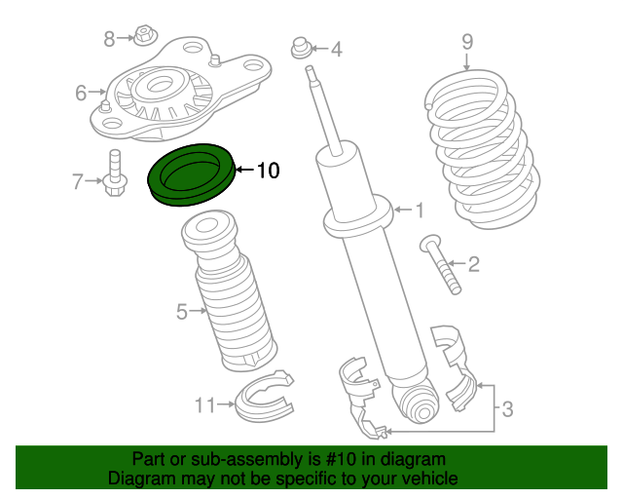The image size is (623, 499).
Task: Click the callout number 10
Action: [268, 172]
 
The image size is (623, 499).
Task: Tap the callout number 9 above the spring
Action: [466, 41]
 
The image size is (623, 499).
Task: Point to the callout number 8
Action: [110, 38]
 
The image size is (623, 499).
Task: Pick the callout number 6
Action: [81, 94]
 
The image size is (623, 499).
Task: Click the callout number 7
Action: [79, 180]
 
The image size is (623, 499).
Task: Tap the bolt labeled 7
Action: [113, 173]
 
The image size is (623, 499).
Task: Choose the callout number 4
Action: [336, 48]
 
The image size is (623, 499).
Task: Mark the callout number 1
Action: [420, 210]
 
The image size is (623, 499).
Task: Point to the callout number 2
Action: [473, 263]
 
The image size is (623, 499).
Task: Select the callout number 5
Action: [181, 312]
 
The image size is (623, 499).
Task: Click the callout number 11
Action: [204, 404]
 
